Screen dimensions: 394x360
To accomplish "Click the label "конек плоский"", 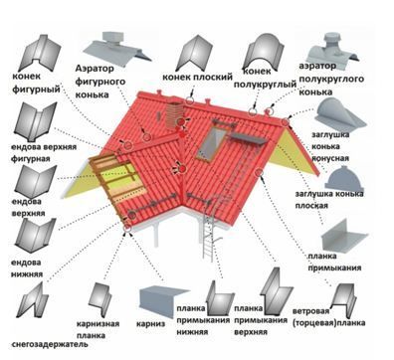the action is [x=197, y=78].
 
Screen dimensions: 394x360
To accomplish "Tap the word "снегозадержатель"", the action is [x=50, y=345].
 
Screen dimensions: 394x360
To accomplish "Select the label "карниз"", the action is [x=150, y=324].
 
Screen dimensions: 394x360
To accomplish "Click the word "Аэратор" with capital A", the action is [x=95, y=69].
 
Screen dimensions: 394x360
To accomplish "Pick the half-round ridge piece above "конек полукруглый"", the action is [x=263, y=51].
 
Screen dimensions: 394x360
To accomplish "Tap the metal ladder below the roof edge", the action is [x=208, y=232].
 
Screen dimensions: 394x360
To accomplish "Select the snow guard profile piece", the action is [x=33, y=300].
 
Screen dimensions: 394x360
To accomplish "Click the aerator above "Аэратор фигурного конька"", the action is [x=116, y=49].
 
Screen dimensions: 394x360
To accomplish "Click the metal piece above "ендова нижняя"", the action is [x=35, y=236].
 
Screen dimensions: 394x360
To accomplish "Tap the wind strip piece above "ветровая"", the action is [x=344, y=296].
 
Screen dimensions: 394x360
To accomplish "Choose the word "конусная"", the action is [x=330, y=158].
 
